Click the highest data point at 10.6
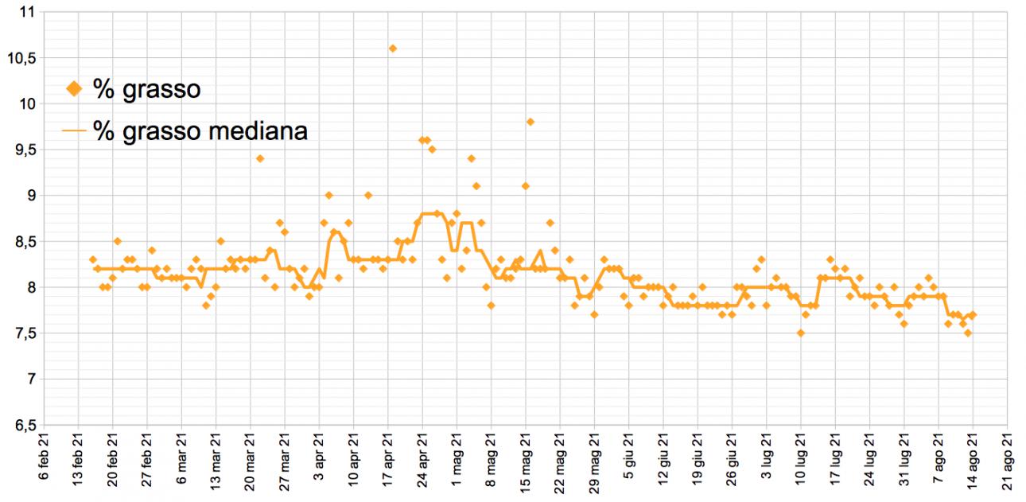(392, 49)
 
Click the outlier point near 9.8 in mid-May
(530, 122)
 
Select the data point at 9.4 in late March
(260, 158)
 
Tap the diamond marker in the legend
(74, 89)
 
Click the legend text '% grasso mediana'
(200, 131)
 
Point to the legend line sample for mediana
(74, 131)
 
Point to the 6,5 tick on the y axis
(24, 426)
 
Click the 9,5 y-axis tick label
(24, 150)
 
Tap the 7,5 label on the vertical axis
(24, 333)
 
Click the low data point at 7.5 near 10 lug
(801, 333)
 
